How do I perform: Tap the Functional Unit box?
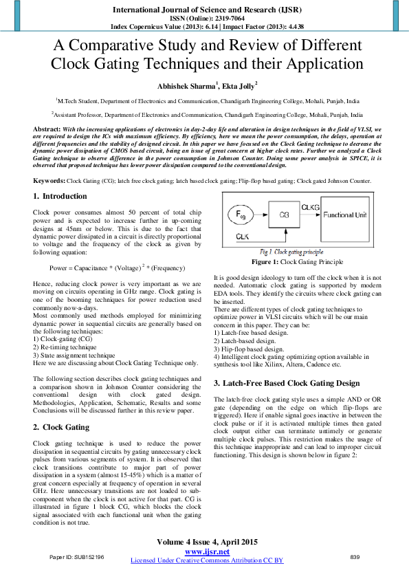tap(348, 215)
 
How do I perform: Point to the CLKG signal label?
tap(310, 207)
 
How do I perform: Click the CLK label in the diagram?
tap(242, 237)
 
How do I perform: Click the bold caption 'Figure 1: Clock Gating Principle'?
tap(297, 262)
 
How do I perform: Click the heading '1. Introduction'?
tap(60, 196)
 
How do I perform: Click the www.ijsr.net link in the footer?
tap(207, 552)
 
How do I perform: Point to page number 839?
tap(355, 556)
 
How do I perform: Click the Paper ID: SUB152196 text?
tap(77, 556)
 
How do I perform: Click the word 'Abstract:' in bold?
tap(48, 129)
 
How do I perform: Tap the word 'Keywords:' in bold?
tap(49, 180)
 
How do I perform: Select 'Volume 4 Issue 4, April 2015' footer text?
tap(207, 542)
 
